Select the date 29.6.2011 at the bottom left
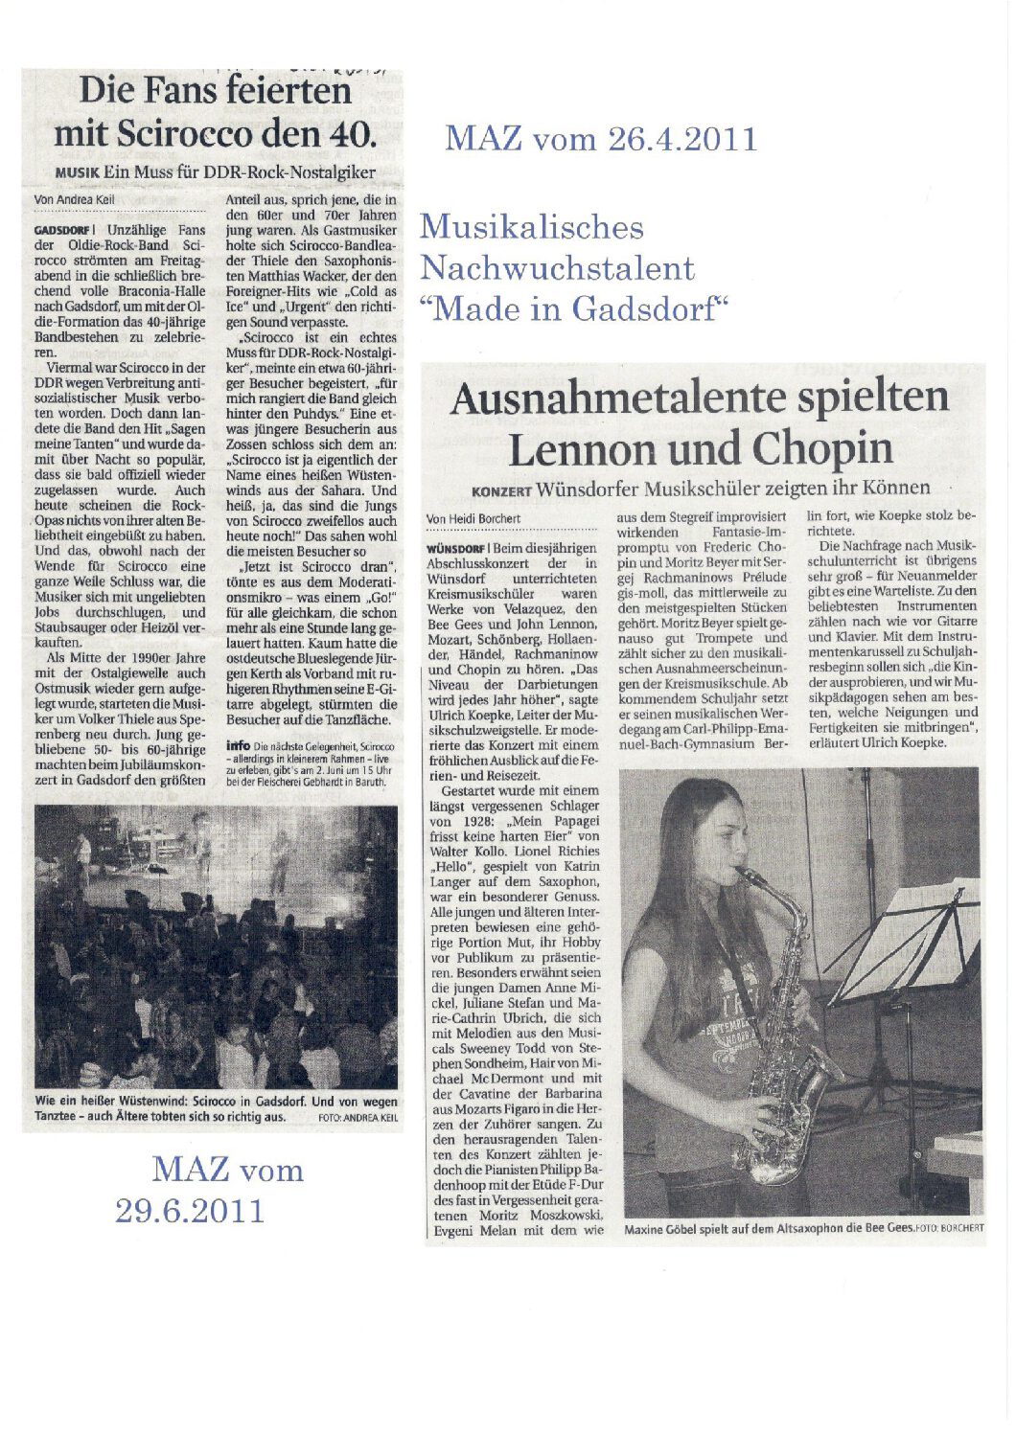[189, 1210]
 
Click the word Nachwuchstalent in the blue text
[557, 268]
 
